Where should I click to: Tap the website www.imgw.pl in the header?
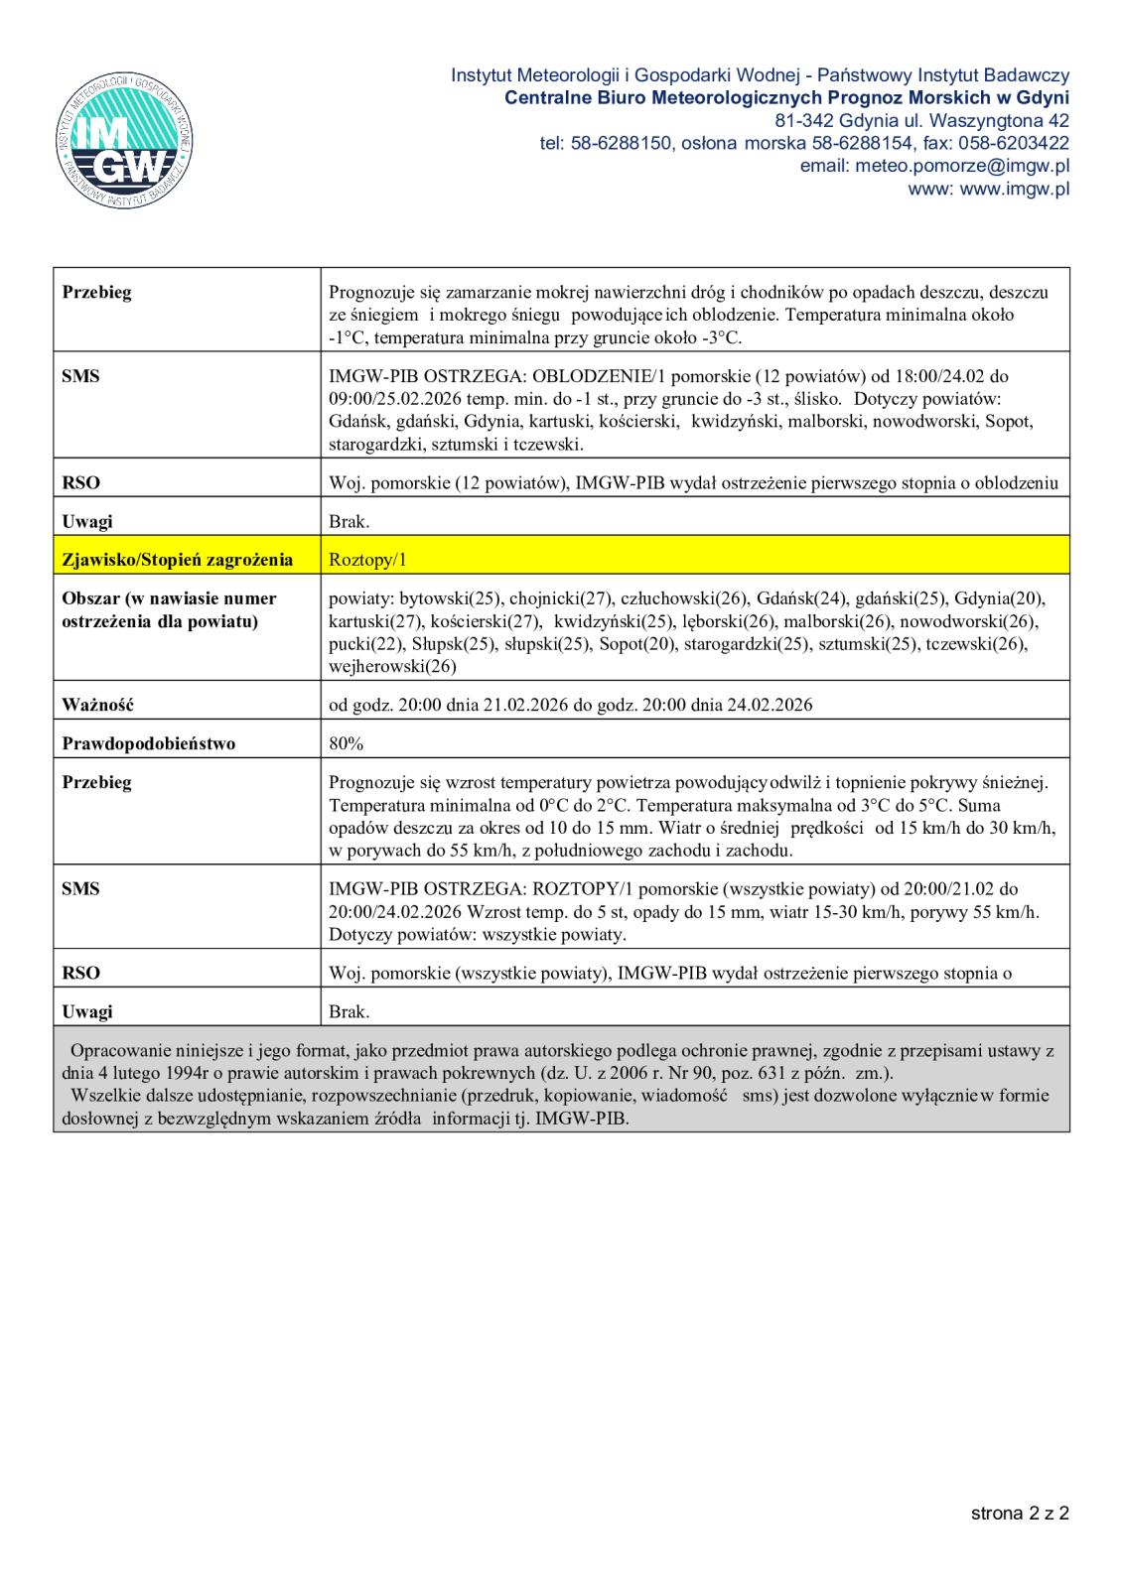tap(1015, 189)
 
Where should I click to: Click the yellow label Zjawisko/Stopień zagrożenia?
tap(178, 560)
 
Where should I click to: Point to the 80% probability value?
tap(346, 743)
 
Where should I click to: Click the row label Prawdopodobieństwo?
tap(149, 743)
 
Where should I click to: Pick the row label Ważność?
tap(97, 705)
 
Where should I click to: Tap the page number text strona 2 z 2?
tap(1020, 1514)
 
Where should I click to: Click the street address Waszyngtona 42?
tap(994, 121)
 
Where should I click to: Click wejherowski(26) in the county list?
tap(392, 667)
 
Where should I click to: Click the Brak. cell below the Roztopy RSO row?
tap(350, 1012)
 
